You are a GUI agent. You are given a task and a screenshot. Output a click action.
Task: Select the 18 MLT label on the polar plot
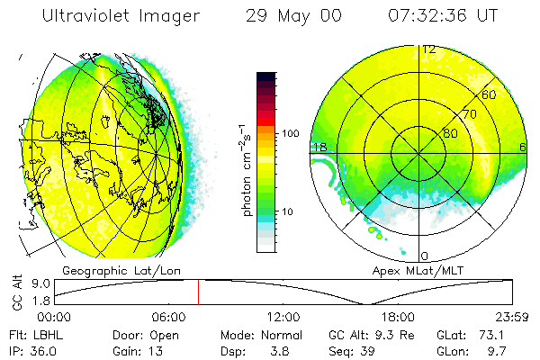319,148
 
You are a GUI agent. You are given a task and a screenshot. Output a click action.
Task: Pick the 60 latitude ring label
490,95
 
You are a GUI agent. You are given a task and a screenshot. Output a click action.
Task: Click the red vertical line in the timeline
199,292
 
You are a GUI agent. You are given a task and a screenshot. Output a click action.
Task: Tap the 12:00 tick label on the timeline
283,317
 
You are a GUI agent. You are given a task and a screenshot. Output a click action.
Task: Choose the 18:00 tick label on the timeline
398,317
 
